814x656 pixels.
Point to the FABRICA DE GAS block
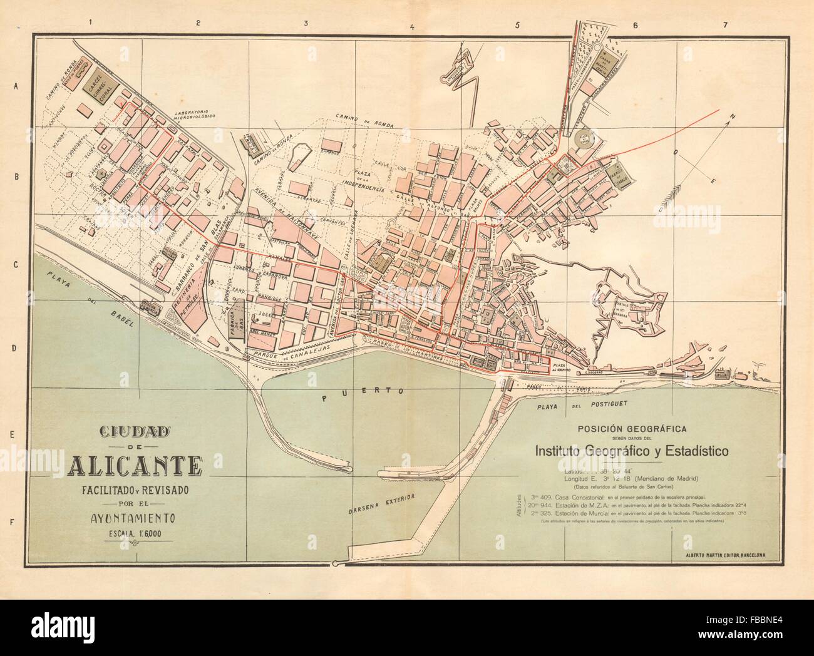pos(235,323)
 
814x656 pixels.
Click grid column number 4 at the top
pos(411,9)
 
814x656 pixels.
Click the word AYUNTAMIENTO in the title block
pos(135,518)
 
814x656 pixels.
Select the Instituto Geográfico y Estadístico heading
pos(631,450)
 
